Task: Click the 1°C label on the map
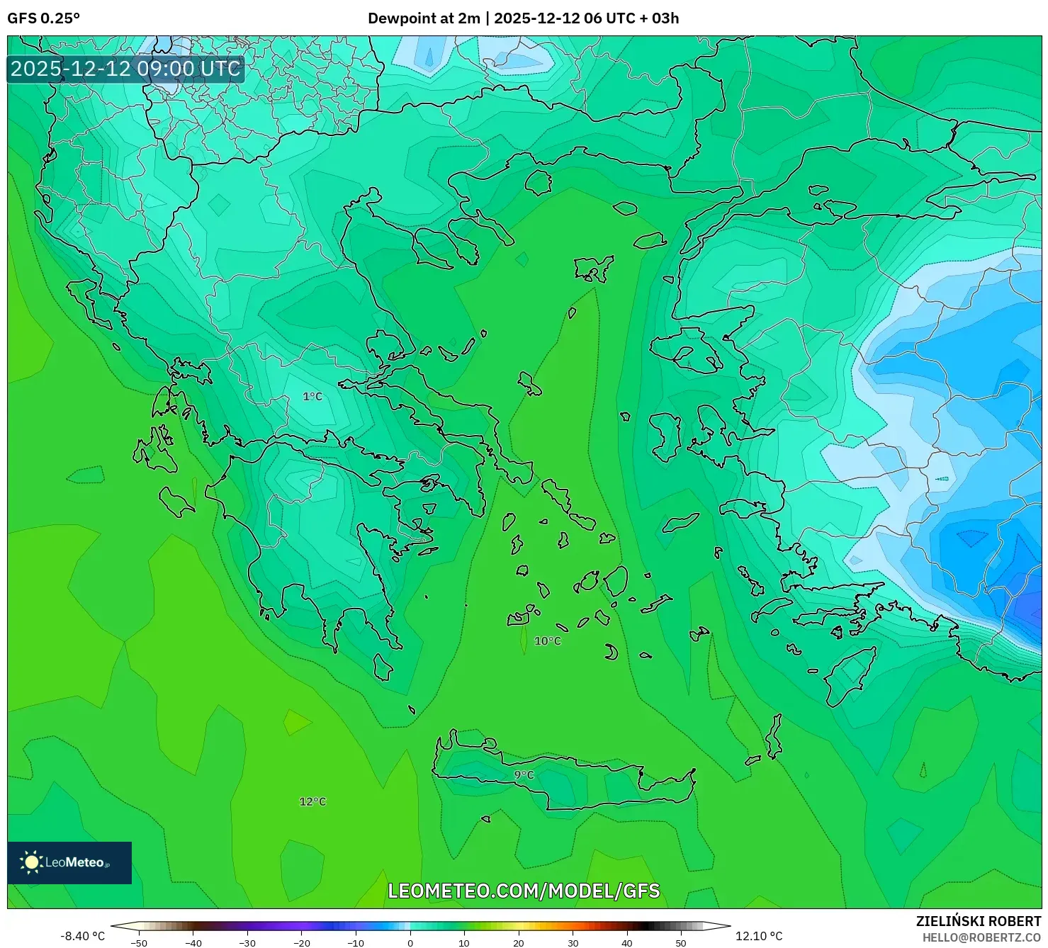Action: [312, 397]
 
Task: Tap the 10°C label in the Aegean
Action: [548, 641]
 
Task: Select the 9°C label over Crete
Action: [524, 775]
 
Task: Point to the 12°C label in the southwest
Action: [312, 802]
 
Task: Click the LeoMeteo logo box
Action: [69, 862]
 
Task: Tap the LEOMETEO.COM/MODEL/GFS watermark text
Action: [524, 891]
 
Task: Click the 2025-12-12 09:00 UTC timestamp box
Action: [125, 69]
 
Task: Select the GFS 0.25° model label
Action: [43, 18]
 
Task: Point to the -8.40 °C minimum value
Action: [82, 936]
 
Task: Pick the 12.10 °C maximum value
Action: [759, 936]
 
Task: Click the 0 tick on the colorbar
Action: [410, 942]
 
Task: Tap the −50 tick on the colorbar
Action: [139, 942]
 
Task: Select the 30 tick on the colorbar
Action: [573, 942]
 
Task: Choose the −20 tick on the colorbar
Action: [302, 942]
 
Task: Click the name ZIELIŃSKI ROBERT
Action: [979, 922]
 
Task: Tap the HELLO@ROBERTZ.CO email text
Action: [981, 937]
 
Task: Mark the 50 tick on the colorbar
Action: [681, 942]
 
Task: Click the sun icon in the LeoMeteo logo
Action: [32, 862]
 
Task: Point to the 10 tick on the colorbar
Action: [464, 942]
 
